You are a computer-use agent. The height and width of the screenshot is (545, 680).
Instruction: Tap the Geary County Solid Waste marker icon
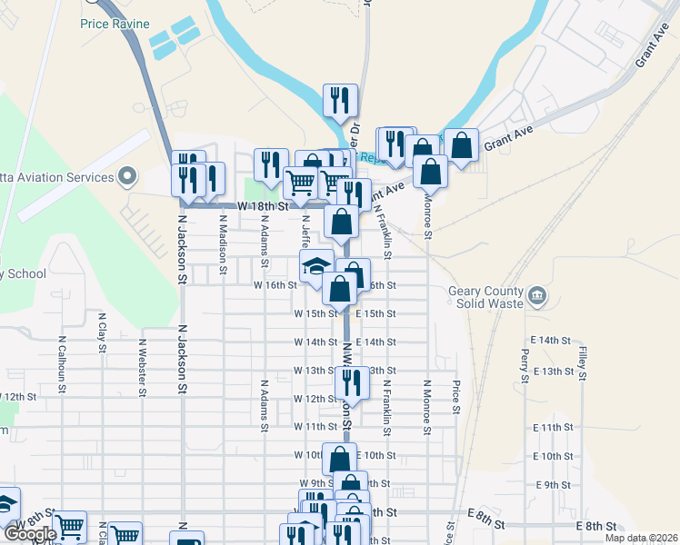coord(537,296)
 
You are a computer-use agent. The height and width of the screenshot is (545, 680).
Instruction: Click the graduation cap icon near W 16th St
coord(315,266)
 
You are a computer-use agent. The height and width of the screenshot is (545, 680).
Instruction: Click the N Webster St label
coord(143,368)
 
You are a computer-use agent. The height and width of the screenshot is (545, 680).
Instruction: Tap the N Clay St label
coord(102,334)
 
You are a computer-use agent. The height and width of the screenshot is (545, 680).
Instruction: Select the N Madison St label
coord(223,241)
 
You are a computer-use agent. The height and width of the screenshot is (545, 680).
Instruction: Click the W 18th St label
coord(255,207)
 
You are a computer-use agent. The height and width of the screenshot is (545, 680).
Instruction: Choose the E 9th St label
coord(553,485)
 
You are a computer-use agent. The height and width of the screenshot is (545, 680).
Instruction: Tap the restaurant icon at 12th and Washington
coord(352,383)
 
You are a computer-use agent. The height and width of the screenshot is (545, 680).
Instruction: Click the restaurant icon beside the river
coord(341,101)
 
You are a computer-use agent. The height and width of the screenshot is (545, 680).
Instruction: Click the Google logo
coord(30,534)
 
